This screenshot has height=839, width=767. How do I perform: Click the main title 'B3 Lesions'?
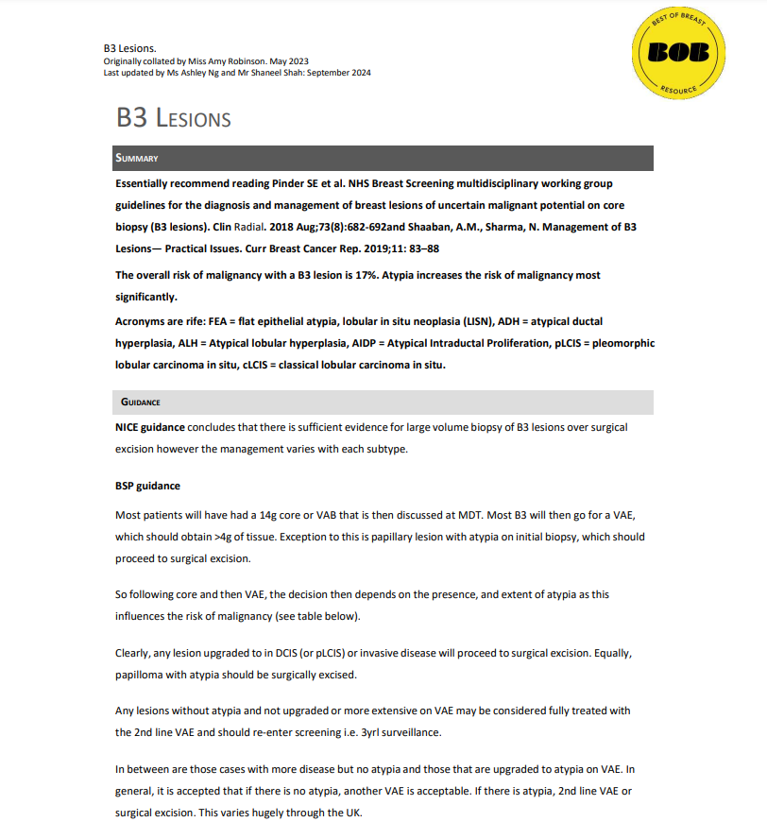(x=174, y=118)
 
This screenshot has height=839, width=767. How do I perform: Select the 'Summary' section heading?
(x=137, y=158)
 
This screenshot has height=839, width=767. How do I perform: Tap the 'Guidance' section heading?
(x=140, y=402)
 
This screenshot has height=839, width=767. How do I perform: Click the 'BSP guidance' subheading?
(x=147, y=486)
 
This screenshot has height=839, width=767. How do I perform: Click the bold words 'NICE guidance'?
(x=150, y=427)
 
